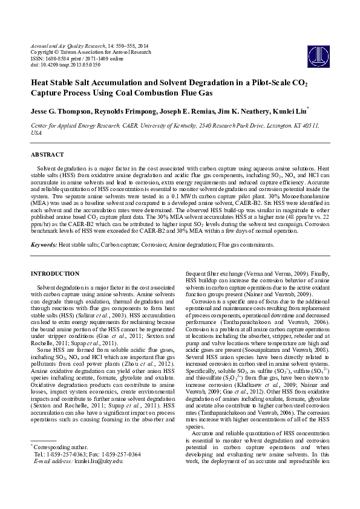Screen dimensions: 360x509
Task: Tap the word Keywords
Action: pyautogui.click(x=44, y=245)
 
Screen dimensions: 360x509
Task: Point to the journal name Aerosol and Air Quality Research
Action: pyautogui.click(x=68, y=46)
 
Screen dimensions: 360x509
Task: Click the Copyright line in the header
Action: pyautogui.click(x=90, y=52)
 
